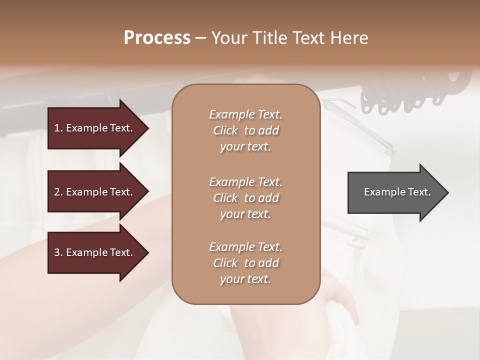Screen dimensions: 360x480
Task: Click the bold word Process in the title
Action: [157, 38]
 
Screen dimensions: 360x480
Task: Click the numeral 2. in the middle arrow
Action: [58, 192]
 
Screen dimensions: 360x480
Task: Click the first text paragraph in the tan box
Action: [245, 130]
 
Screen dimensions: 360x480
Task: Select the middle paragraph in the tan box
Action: [245, 198]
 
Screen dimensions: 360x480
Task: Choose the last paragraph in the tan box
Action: [245, 263]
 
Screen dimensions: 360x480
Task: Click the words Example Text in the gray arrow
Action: [397, 192]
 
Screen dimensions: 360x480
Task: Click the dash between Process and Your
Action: [200, 38]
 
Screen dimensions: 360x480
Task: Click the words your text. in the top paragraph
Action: [245, 147]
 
